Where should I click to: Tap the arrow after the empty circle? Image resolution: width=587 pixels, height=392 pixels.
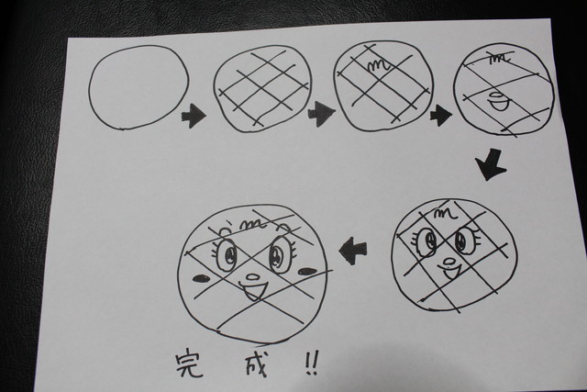(194, 116)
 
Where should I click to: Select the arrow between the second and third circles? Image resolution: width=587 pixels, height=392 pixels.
(320, 114)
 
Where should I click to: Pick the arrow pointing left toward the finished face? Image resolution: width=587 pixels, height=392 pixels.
(353, 251)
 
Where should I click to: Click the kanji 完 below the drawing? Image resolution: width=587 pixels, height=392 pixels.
(190, 363)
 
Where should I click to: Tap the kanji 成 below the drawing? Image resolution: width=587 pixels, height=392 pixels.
(257, 364)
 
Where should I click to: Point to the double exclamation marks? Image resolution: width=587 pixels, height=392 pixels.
(312, 363)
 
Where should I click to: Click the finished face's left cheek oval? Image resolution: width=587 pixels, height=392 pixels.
(202, 278)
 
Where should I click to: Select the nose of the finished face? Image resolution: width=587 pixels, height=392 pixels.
(253, 277)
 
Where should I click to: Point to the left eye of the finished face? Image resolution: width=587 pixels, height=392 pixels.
(227, 253)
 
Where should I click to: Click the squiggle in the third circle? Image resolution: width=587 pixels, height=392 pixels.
(379, 66)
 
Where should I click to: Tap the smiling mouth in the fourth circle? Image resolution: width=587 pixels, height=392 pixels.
(499, 103)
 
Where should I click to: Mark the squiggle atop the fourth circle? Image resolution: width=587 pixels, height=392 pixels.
(501, 58)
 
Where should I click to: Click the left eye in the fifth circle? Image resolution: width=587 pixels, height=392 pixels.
(426, 241)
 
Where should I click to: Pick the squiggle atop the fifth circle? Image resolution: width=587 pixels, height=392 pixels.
(446, 214)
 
